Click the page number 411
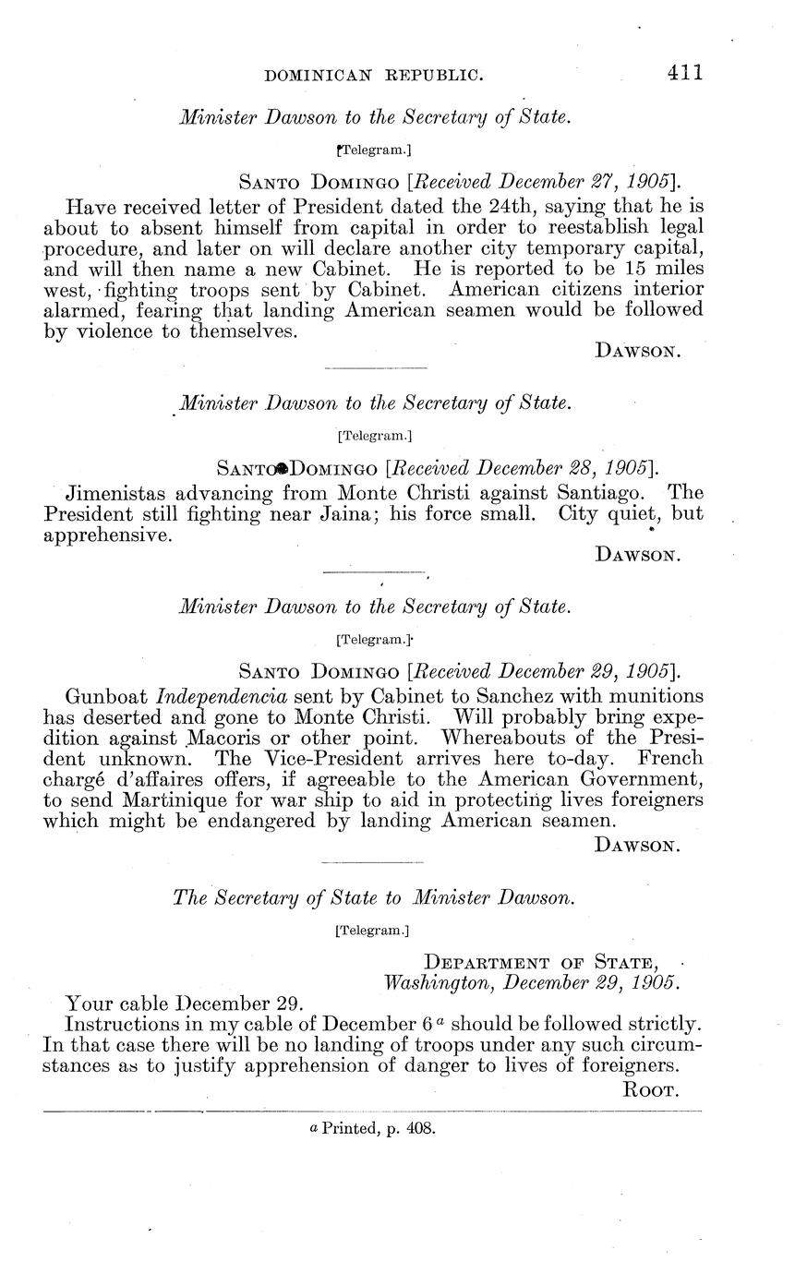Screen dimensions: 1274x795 click(x=684, y=73)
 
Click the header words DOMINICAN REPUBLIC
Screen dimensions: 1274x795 click(x=373, y=76)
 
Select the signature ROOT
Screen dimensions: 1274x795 click(x=653, y=1090)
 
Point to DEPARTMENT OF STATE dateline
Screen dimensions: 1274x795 click(x=547, y=964)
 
